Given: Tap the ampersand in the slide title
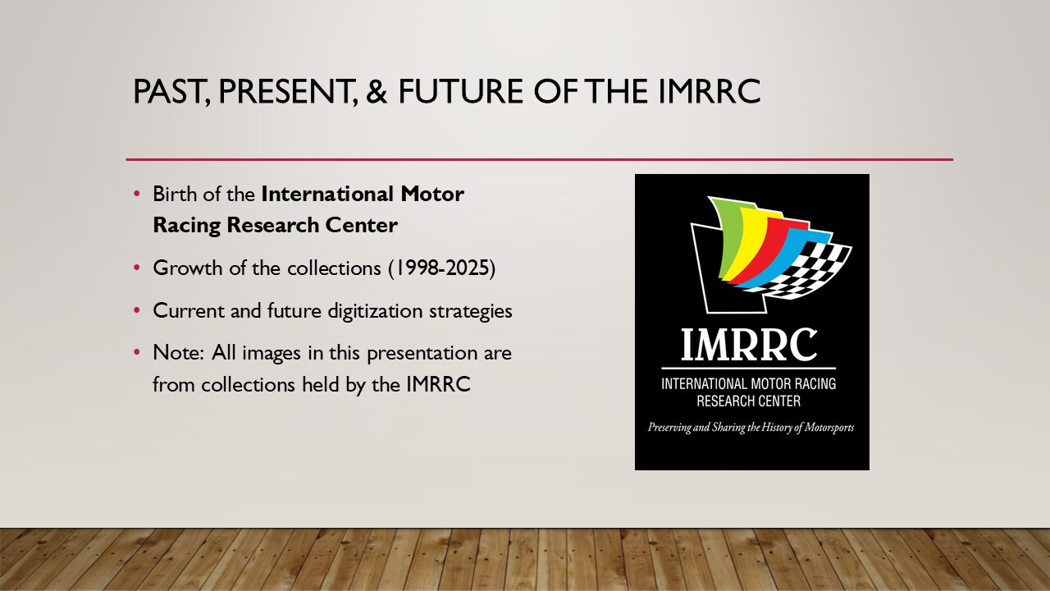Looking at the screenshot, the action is [377, 91].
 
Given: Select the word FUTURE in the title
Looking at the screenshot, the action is [461, 91].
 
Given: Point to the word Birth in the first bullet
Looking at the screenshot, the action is [174, 194].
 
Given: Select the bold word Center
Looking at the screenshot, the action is [361, 225].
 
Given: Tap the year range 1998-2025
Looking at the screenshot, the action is [441, 268].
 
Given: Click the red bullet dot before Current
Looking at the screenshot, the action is [137, 310].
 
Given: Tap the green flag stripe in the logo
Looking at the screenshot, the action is [724, 235].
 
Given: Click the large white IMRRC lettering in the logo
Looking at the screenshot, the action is [749, 344].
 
